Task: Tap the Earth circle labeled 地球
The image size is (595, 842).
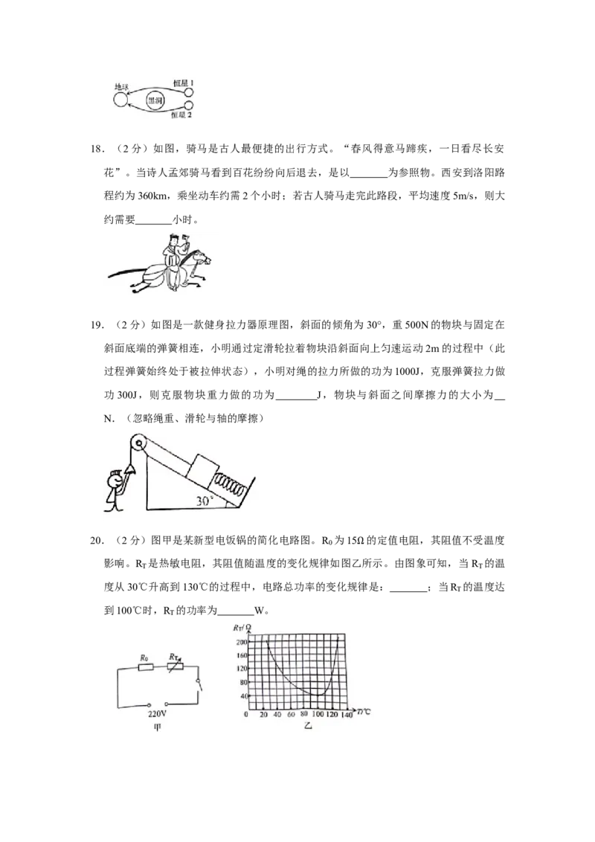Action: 120,100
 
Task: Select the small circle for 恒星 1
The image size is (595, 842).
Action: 188,91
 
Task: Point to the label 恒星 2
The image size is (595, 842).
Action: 181,115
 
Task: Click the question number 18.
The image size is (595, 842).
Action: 96,150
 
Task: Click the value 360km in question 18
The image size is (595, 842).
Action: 154,196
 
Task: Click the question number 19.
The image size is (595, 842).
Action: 96,325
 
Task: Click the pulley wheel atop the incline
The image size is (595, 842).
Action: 138,444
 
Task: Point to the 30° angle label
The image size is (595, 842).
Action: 205,501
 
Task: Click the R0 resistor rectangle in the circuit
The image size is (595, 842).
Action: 146,667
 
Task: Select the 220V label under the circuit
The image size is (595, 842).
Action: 157,715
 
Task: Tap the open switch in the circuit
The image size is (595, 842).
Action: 199,683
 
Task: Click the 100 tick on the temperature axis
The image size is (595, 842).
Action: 318,715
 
